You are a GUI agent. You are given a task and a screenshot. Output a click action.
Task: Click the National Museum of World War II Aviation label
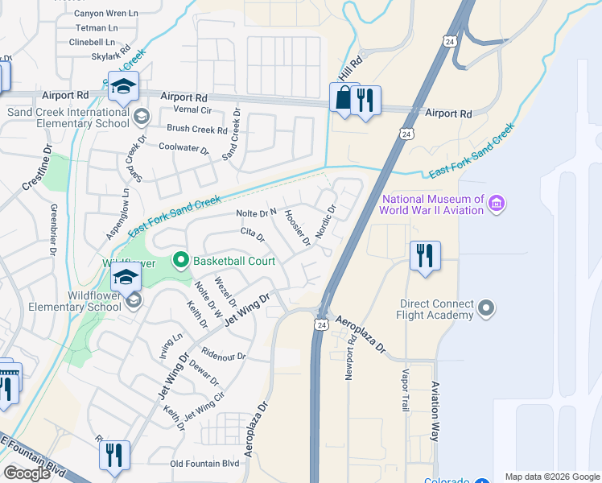(433, 204)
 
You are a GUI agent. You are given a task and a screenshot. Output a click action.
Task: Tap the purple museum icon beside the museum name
(497, 204)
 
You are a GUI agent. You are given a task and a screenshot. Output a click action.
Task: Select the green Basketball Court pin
(180, 260)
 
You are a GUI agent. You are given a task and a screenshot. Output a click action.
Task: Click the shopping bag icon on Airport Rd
(344, 99)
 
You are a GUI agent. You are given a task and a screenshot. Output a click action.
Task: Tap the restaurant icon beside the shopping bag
(366, 101)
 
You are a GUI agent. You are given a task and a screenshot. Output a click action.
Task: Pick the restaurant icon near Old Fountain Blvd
(114, 455)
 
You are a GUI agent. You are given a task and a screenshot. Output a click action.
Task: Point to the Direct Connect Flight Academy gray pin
(485, 308)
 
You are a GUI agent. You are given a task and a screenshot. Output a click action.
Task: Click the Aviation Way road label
(435, 411)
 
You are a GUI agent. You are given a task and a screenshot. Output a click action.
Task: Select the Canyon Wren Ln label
(106, 14)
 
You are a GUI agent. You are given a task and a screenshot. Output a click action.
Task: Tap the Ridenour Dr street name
(224, 355)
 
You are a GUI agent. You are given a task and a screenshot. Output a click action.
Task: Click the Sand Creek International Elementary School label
(68, 118)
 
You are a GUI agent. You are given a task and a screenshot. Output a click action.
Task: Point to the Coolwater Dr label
(183, 149)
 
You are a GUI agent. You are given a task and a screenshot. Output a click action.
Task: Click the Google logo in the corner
(27, 473)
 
